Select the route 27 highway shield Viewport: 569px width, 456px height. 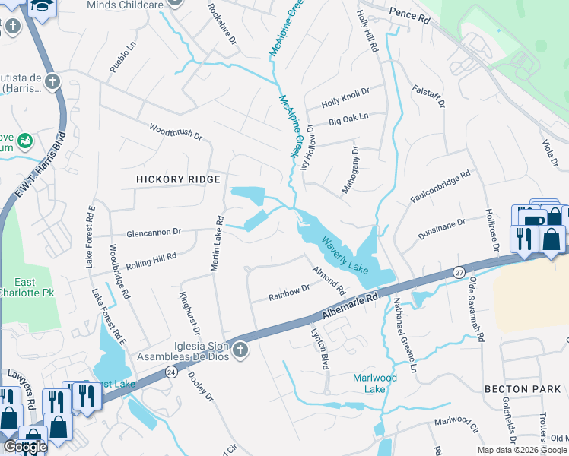pos(459,271)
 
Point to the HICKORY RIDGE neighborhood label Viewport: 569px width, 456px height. pos(178,179)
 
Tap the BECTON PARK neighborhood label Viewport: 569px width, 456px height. pos(522,388)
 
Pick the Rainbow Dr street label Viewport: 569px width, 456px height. pos(289,292)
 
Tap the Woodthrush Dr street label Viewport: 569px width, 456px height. pos(176,132)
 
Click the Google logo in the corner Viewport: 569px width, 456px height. pos(25,447)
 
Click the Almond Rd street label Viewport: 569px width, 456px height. pos(329,280)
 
